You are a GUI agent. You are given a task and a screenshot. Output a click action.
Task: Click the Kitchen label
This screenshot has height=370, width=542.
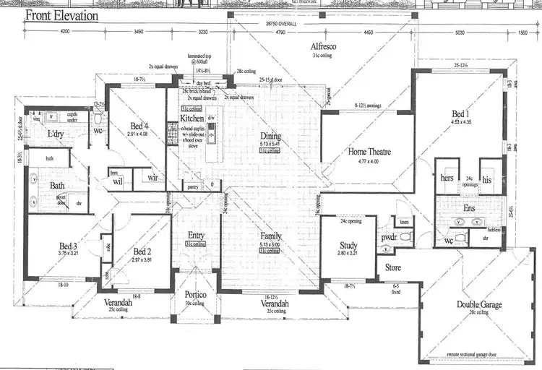[x=192, y=118]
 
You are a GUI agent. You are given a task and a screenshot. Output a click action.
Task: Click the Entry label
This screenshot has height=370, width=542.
[x=197, y=235]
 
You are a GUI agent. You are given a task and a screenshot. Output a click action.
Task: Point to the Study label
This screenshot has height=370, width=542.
[x=348, y=246]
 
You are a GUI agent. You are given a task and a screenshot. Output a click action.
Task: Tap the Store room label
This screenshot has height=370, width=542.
[x=392, y=268]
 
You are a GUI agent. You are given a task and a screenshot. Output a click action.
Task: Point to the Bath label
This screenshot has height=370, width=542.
[x=56, y=186]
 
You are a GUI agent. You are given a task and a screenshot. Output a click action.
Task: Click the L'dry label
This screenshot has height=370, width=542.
[x=55, y=135]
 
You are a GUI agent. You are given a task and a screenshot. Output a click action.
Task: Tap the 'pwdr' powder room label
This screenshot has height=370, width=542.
[x=390, y=236]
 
